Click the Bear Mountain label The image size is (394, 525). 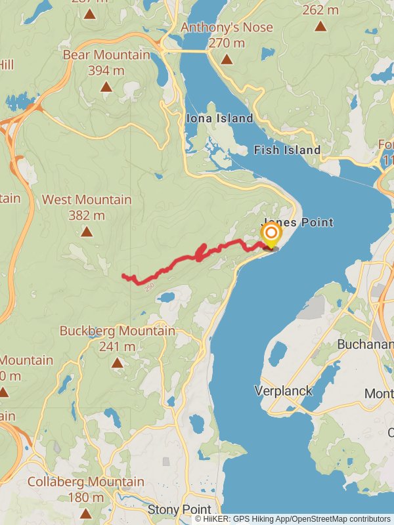click(106, 54)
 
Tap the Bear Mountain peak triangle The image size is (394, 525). click(106, 86)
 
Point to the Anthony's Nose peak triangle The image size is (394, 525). click(227, 59)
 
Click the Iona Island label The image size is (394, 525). click(219, 118)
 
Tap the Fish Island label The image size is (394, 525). click(287, 150)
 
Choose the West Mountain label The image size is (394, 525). click(87, 199)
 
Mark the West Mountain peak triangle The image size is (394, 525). click(87, 231)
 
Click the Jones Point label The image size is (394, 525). click(299, 222)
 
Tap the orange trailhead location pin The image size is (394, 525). click(271, 234)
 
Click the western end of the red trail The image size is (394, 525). click(123, 276)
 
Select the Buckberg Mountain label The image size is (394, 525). click(118, 331)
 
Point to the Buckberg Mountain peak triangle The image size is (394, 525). click(117, 362)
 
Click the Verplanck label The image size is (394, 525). click(283, 391)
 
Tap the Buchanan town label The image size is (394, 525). click(365, 344)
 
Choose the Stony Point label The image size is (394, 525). click(179, 509)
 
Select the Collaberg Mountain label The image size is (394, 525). click(85, 482)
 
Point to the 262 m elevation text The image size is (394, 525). click(320, 10)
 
